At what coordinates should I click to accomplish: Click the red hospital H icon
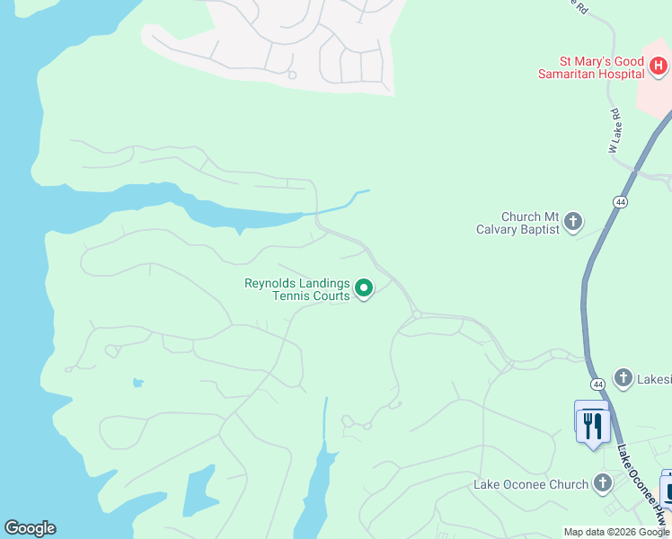click(x=659, y=66)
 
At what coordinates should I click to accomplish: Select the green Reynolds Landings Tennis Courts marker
click(x=364, y=288)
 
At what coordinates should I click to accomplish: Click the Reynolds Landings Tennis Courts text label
click(x=297, y=289)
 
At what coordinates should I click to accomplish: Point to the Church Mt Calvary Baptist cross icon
click(x=573, y=222)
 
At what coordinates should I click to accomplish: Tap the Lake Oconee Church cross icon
click(x=602, y=484)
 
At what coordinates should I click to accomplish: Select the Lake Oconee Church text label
click(x=531, y=485)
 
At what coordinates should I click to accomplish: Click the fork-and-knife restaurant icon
click(x=592, y=424)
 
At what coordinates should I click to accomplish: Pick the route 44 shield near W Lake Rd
click(x=621, y=203)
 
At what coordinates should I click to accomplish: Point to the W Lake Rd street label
click(x=615, y=129)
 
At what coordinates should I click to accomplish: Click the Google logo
click(x=30, y=528)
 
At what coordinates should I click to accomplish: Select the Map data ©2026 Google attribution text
click(x=616, y=532)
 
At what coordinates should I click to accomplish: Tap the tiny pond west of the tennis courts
click(x=137, y=383)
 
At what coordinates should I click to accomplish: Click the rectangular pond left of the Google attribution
click(x=198, y=492)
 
